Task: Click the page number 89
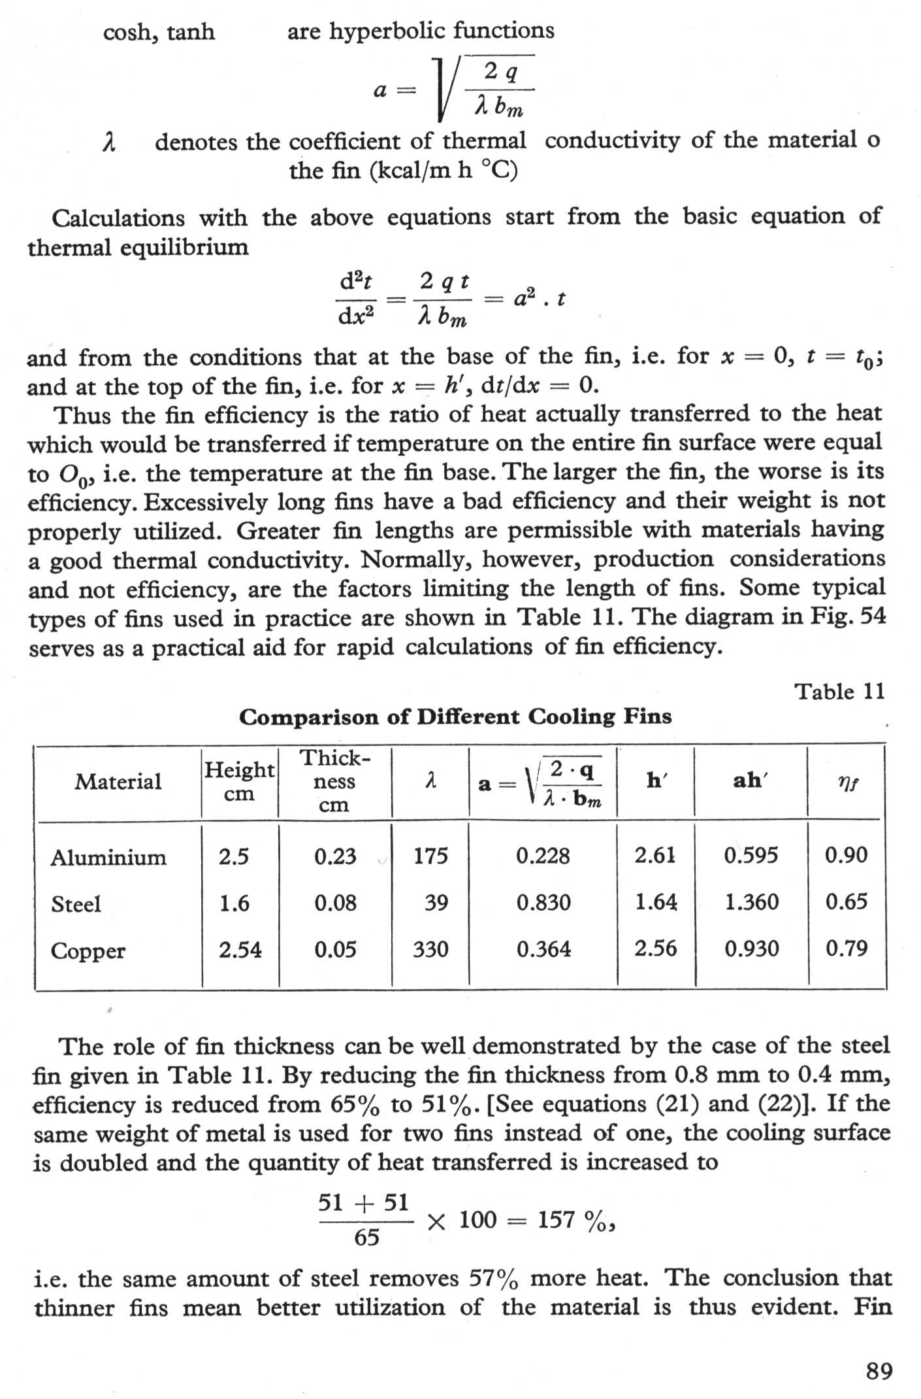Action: pos(879,1370)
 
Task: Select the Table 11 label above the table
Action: pos(839,692)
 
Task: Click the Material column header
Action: pos(118,781)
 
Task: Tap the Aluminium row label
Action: pos(108,857)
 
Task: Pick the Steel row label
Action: pos(76,904)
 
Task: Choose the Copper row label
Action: pos(88,951)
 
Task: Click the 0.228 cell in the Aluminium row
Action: pos(543,856)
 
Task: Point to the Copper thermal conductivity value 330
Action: pos(430,949)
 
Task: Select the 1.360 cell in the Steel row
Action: pos(752,902)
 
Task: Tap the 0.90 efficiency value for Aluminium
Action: pos(846,855)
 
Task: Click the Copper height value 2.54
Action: pos(240,949)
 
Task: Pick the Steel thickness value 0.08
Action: pos(335,903)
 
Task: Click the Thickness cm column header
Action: pos(334,781)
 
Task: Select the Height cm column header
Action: pos(239,781)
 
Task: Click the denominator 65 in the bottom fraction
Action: pos(366,1238)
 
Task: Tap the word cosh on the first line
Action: pos(129,32)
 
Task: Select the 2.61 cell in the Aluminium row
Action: pos(655,855)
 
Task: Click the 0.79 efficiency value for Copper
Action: pos(847,948)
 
